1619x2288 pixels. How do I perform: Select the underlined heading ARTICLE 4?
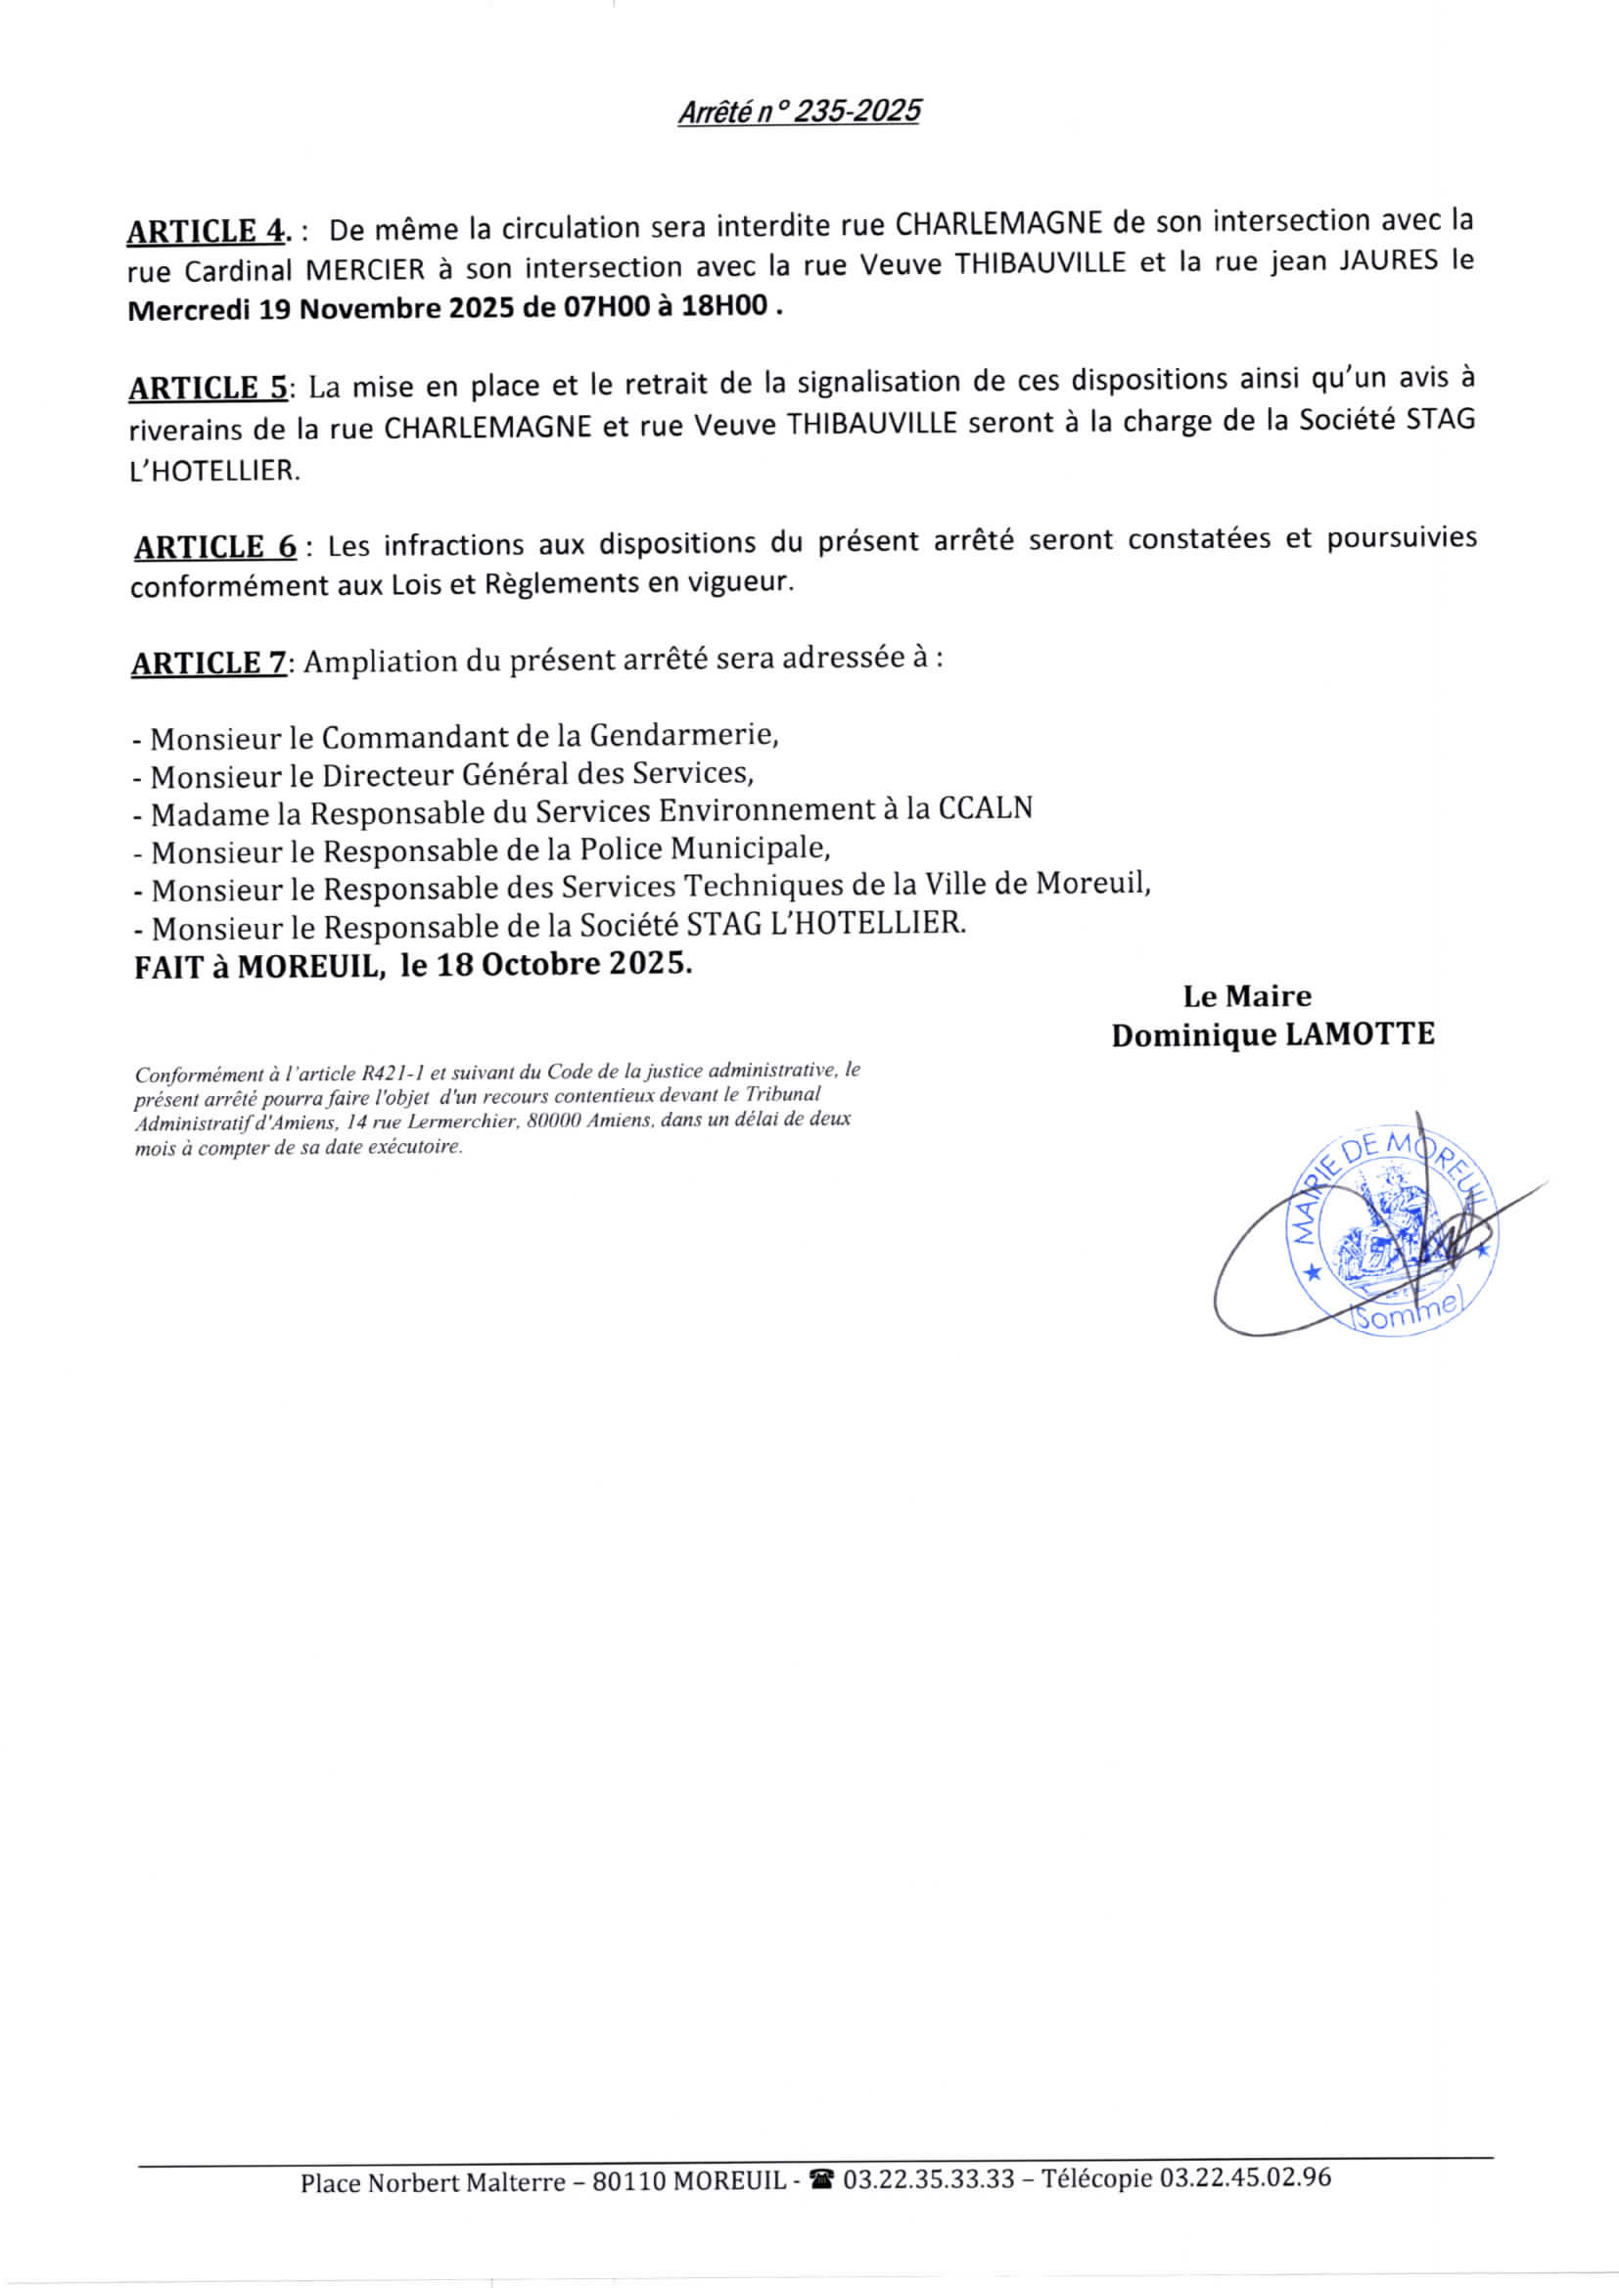point(207,231)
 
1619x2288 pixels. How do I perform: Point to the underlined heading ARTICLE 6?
point(215,547)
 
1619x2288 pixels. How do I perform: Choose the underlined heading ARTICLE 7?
point(208,663)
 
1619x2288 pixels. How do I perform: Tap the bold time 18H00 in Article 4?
point(730,306)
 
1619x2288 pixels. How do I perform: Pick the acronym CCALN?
point(984,808)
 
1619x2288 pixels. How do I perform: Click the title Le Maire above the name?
point(1247,995)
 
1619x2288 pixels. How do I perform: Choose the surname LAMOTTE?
point(1360,1035)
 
